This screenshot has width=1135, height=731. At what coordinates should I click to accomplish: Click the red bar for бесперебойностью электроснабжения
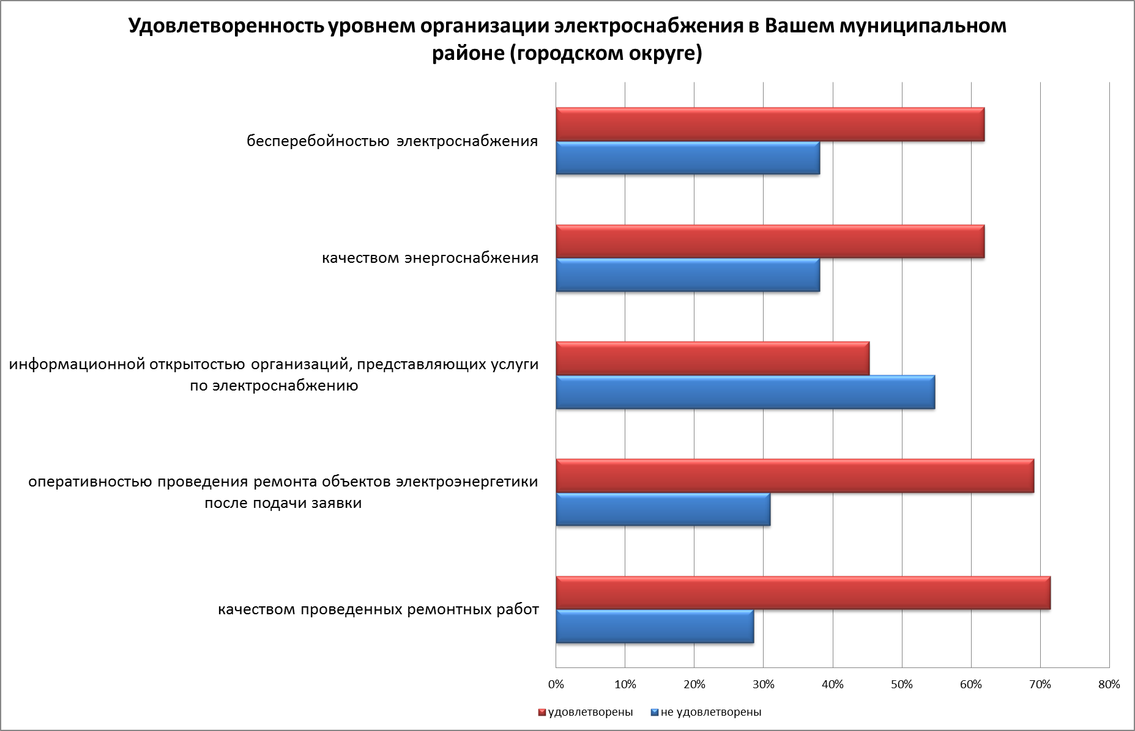click(x=770, y=125)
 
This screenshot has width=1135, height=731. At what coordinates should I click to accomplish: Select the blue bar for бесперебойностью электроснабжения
click(x=688, y=158)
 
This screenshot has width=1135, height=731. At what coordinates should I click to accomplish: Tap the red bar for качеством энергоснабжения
click(x=770, y=242)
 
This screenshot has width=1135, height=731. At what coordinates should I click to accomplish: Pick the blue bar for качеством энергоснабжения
click(x=688, y=275)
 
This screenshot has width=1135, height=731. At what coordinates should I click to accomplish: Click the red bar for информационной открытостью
click(x=712, y=359)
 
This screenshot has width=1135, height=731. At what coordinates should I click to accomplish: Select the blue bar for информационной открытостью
click(x=745, y=392)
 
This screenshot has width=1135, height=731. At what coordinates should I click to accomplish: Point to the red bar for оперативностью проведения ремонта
click(x=795, y=476)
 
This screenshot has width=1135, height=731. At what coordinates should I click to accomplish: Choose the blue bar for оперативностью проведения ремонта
click(x=663, y=509)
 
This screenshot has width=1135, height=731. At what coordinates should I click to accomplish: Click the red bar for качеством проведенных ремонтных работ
click(x=803, y=593)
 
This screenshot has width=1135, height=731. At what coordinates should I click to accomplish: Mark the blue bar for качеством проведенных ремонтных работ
click(x=655, y=626)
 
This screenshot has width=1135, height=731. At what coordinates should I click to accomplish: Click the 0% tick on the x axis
click(x=556, y=685)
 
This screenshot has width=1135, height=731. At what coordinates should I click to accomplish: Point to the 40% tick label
click(x=833, y=685)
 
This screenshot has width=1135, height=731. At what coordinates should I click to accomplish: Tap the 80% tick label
click(x=1109, y=685)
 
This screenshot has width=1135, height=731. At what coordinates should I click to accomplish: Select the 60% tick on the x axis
click(x=971, y=685)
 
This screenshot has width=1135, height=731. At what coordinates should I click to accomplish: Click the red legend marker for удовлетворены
click(x=541, y=713)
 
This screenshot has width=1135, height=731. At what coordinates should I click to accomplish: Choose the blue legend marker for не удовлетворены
click(x=654, y=713)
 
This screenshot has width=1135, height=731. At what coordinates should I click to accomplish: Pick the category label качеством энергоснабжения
click(x=430, y=258)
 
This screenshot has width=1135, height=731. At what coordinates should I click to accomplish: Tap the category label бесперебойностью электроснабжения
click(x=392, y=141)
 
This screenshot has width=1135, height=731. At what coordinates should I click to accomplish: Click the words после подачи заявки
click(x=283, y=504)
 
